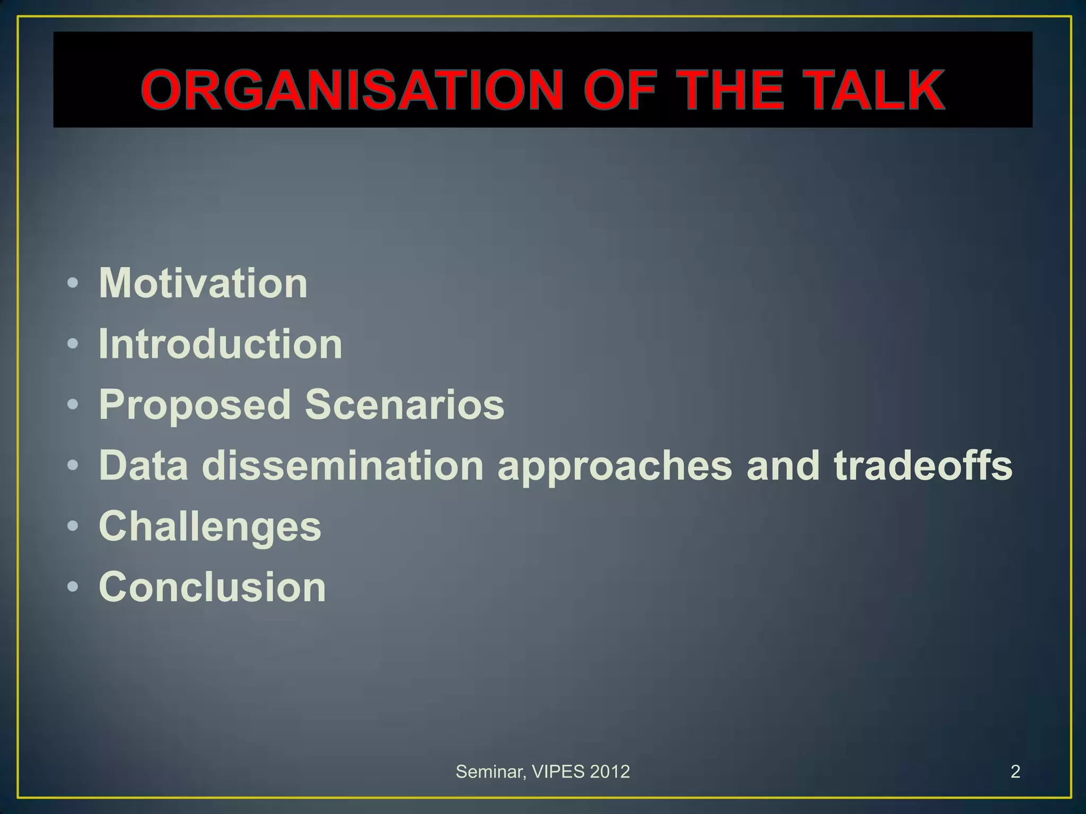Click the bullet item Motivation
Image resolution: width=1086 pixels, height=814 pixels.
pyautogui.click(x=203, y=283)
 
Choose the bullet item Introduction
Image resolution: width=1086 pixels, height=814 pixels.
pyautogui.click(x=221, y=344)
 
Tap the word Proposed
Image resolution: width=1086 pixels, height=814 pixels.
pyautogui.click(x=195, y=405)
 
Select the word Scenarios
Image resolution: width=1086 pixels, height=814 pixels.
pyautogui.click(x=405, y=405)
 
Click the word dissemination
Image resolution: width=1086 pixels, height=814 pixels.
pyautogui.click(x=343, y=466)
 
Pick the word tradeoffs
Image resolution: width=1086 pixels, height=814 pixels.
pyautogui.click(x=923, y=466)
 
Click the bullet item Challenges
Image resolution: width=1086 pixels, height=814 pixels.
pyautogui.click(x=210, y=527)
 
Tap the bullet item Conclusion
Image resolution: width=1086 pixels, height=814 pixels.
pyautogui.click(x=212, y=587)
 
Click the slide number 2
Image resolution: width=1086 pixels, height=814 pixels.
pyautogui.click(x=1015, y=772)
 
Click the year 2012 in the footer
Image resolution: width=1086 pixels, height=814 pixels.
pyautogui.click(x=610, y=772)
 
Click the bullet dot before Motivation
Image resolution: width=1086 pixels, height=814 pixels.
pyautogui.click(x=73, y=284)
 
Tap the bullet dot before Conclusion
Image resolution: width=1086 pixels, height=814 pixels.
pyautogui.click(x=73, y=587)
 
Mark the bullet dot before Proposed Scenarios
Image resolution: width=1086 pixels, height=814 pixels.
pyautogui.click(x=73, y=405)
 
